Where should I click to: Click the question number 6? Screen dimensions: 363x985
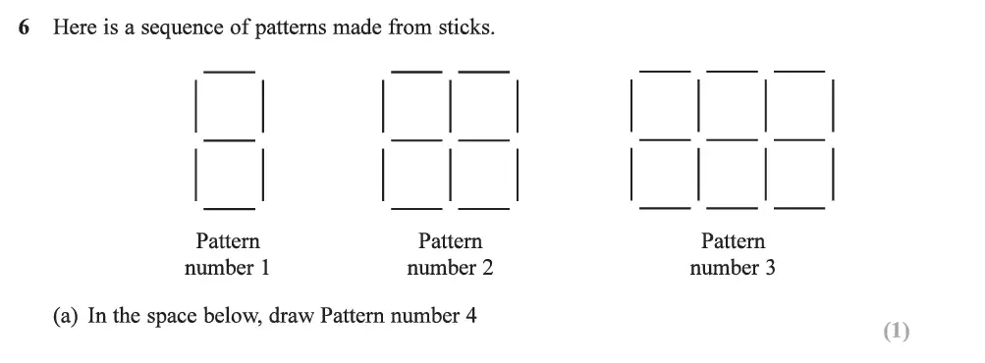point(24,28)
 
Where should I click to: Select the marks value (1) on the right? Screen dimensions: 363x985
point(896,332)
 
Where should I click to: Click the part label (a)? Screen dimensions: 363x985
point(67,316)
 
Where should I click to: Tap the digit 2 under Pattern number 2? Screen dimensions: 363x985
point(487,267)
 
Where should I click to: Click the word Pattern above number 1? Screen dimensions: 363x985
point(228,241)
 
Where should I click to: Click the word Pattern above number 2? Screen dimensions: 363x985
point(451,241)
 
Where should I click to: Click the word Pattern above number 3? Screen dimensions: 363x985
point(733,241)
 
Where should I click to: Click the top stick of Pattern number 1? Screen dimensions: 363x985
point(229,72)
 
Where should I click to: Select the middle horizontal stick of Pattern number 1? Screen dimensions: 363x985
point(229,140)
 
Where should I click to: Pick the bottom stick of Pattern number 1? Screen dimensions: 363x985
point(229,209)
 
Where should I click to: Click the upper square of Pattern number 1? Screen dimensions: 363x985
point(229,106)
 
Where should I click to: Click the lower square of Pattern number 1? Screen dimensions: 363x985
point(229,175)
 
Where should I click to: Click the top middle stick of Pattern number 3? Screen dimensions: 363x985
point(733,71)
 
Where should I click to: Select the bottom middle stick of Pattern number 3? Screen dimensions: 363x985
point(733,208)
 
